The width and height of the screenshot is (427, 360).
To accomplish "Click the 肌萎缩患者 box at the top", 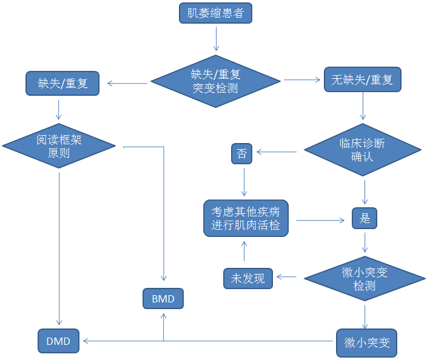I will pyautogui.click(x=215, y=13).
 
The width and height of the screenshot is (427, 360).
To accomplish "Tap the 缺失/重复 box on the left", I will pyautogui.click(x=62, y=83).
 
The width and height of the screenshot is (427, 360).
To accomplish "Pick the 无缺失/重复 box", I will pyautogui.click(x=362, y=80).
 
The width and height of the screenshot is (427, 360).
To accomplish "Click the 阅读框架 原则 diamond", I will pyautogui.click(x=59, y=146).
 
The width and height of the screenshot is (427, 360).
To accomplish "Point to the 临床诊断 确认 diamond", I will pyautogui.click(x=363, y=150).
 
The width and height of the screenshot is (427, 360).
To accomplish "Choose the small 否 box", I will pyautogui.click(x=241, y=154).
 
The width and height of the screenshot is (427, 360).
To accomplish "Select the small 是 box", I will pyautogui.click(x=365, y=218).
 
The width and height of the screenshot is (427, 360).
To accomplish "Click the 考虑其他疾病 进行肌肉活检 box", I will pyautogui.click(x=246, y=219).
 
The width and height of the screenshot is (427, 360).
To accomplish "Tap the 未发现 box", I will pyautogui.click(x=248, y=279).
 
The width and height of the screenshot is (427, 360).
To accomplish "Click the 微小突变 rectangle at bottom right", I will pyautogui.click(x=366, y=342).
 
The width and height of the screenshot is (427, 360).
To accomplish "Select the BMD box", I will pyautogui.click(x=163, y=298).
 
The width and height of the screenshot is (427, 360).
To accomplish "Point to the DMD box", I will pyautogui.click(x=58, y=341).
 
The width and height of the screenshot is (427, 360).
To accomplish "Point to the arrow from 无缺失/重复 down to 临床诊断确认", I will pyautogui.click(x=363, y=107).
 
